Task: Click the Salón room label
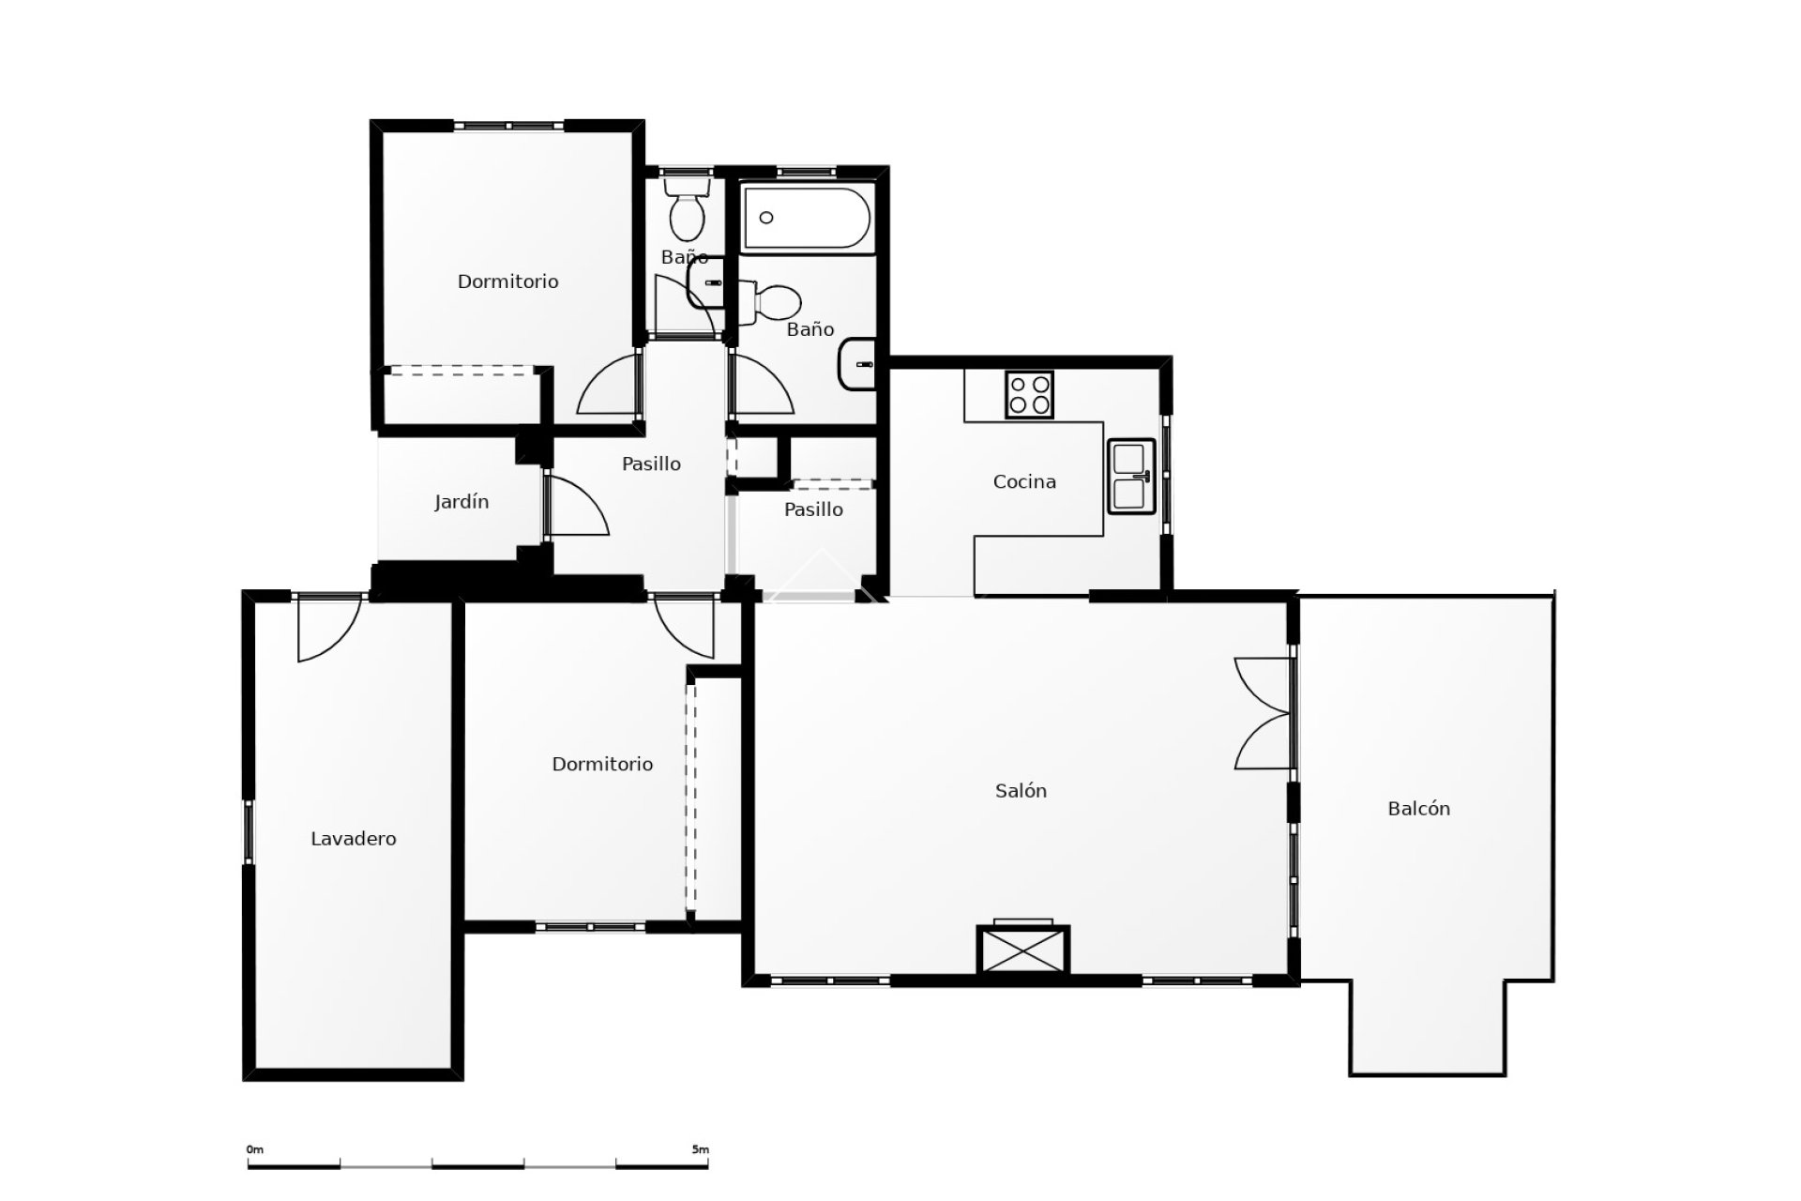coord(1021,791)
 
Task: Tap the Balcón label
coord(1418,809)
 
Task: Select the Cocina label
coord(1024,482)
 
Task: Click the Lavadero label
coord(354,839)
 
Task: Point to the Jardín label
coord(462,502)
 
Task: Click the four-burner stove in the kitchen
coord(1029,394)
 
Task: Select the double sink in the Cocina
coord(1132,476)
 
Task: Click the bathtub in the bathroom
coord(807,218)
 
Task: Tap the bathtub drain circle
coord(766,218)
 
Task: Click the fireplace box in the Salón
coord(1022,950)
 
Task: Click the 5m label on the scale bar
coord(700,1149)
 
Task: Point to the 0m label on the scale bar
coord(255,1149)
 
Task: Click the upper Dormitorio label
coord(507,281)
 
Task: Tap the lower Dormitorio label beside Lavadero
coord(602,765)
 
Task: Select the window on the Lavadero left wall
coord(250,831)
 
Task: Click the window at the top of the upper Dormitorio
coord(508,126)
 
